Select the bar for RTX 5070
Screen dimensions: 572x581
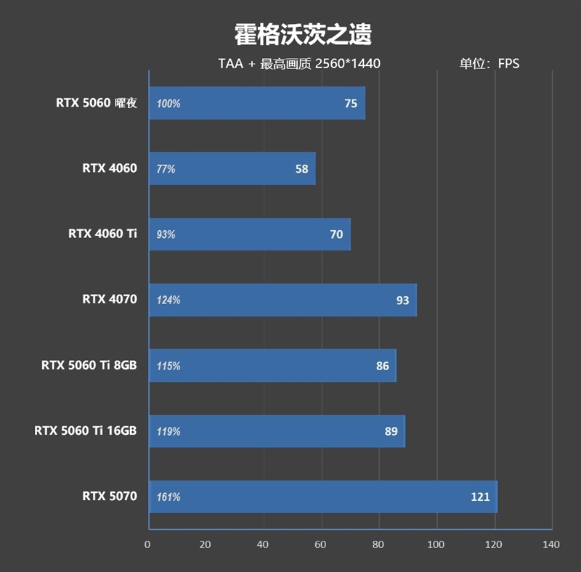322,497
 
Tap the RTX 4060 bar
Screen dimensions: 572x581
232,169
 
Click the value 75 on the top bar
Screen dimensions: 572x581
351,104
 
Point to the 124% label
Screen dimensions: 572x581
168,301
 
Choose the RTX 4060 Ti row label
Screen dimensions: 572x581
102,234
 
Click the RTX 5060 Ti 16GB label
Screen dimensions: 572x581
85,430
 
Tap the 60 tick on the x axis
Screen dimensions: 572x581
321,545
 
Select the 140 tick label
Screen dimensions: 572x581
550,545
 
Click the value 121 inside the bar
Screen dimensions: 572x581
480,497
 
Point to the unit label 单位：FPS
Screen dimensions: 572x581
489,64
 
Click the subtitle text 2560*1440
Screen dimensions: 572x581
348,64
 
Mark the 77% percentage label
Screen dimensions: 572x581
166,169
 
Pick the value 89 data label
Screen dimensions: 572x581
391,431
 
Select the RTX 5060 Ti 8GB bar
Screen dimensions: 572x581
272,366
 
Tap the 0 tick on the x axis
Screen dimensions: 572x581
148,545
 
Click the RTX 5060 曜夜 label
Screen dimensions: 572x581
97,103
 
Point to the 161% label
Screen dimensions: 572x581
168,497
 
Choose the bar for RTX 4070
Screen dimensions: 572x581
283,300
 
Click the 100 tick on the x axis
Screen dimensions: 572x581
436,545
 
